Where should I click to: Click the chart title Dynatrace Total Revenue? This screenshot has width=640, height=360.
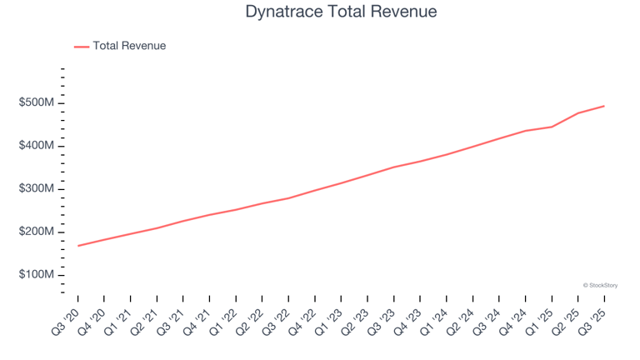tap(341, 12)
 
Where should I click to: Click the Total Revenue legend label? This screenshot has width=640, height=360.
tap(129, 46)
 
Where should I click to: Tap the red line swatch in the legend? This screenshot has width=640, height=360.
tap(81, 47)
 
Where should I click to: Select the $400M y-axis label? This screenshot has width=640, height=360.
tap(37, 146)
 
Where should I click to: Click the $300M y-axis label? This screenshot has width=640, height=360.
tap(37, 189)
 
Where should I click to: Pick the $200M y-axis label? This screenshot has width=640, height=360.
tap(37, 232)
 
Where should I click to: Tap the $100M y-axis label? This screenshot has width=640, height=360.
tap(37, 275)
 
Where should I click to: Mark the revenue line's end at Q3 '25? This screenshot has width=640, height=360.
tap(604, 106)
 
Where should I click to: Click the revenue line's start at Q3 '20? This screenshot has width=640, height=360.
tap(77, 246)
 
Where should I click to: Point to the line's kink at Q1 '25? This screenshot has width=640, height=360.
tap(552, 127)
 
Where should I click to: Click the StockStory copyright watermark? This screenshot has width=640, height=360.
tap(600, 285)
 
